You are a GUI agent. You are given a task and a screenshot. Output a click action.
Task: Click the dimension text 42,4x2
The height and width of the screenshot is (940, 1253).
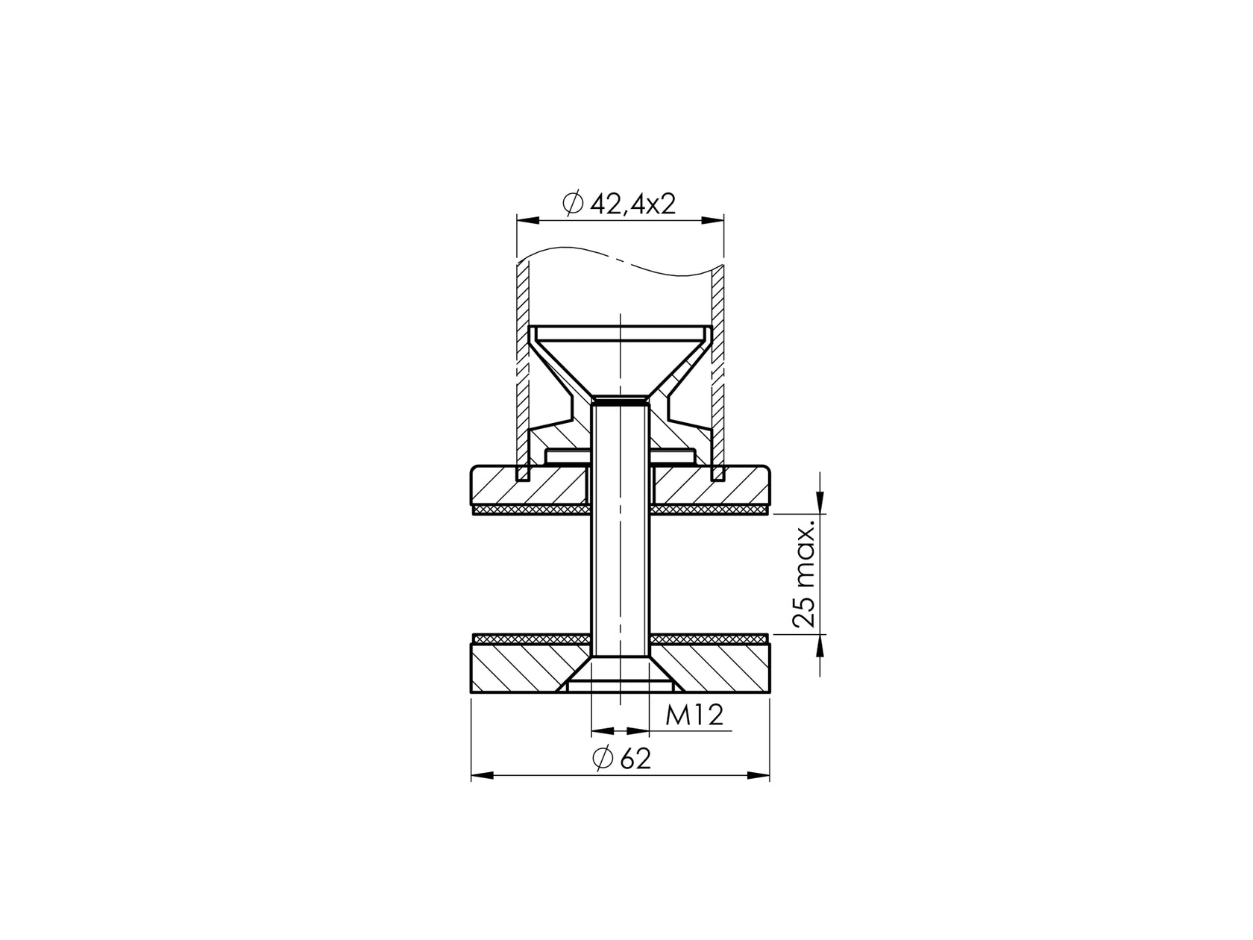632,204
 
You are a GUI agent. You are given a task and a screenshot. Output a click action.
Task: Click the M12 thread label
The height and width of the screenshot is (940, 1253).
694,716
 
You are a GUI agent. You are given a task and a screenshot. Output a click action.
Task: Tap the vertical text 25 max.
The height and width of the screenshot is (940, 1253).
805,574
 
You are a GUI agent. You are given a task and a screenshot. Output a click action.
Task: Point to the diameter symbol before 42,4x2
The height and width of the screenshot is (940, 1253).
573,204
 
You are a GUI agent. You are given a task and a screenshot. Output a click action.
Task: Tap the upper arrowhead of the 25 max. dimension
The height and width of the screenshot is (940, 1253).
820,505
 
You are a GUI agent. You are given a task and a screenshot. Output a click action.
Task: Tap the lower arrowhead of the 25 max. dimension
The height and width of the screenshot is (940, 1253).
820,644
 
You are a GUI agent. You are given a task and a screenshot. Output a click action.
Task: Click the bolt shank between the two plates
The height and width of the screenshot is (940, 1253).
620,574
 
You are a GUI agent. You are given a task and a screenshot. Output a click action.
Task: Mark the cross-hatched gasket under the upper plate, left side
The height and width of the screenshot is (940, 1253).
530,510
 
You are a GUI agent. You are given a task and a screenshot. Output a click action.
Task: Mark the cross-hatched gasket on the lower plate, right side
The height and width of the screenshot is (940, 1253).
709,639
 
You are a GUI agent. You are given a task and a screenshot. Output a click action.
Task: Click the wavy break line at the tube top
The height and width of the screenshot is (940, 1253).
619,258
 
